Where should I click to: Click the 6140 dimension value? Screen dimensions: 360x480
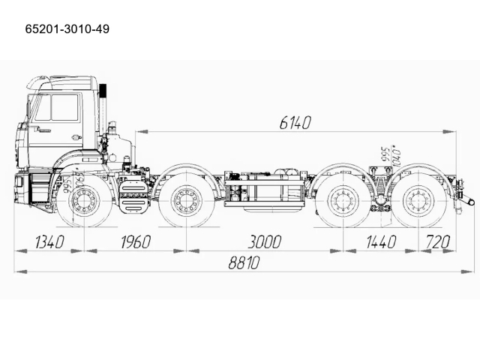click(295, 122)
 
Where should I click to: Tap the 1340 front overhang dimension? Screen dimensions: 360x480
click(40, 241)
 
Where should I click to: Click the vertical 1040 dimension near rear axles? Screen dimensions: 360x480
click(394, 156)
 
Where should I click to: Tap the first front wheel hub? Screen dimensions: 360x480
click(83, 202)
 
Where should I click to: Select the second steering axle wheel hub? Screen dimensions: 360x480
click(185, 202)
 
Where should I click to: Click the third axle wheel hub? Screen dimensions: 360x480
click(342, 202)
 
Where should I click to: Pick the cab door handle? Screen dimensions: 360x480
click(76, 137)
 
